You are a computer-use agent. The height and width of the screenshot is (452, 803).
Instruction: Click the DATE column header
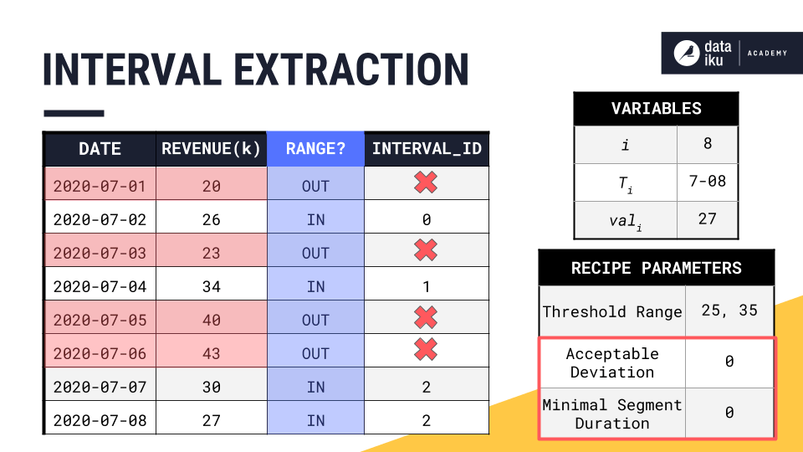click(x=100, y=149)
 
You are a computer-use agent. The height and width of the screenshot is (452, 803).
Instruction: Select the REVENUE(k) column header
click(x=211, y=149)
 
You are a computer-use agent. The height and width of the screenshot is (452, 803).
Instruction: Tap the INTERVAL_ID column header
click(x=427, y=149)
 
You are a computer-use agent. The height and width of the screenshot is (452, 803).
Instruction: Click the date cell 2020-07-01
click(x=100, y=186)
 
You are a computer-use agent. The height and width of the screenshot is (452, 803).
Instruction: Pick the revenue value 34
click(x=212, y=286)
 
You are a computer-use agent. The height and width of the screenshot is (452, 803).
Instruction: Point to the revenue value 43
click(x=212, y=353)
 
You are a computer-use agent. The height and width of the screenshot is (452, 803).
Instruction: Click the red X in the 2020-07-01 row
click(x=426, y=183)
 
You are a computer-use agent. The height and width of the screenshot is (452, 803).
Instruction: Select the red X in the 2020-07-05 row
click(x=426, y=317)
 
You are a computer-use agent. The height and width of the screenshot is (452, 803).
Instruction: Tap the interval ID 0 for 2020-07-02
click(x=427, y=219)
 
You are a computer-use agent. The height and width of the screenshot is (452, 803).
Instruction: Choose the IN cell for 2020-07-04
click(x=315, y=286)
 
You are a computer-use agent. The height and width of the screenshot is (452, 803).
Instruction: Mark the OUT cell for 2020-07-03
click(x=315, y=253)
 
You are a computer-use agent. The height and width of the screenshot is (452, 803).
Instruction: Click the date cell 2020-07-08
click(x=100, y=420)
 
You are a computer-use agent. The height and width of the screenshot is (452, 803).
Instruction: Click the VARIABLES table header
click(x=656, y=109)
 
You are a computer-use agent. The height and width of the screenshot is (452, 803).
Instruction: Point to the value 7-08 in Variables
click(x=707, y=181)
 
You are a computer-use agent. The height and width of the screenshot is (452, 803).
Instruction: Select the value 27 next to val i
click(x=707, y=218)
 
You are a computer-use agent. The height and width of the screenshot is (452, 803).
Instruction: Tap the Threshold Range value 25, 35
click(x=729, y=311)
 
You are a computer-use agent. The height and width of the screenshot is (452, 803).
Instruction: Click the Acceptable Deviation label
click(x=612, y=363)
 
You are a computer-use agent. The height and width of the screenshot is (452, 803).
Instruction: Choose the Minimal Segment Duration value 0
click(x=729, y=413)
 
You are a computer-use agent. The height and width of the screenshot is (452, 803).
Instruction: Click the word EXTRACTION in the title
click(x=351, y=70)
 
